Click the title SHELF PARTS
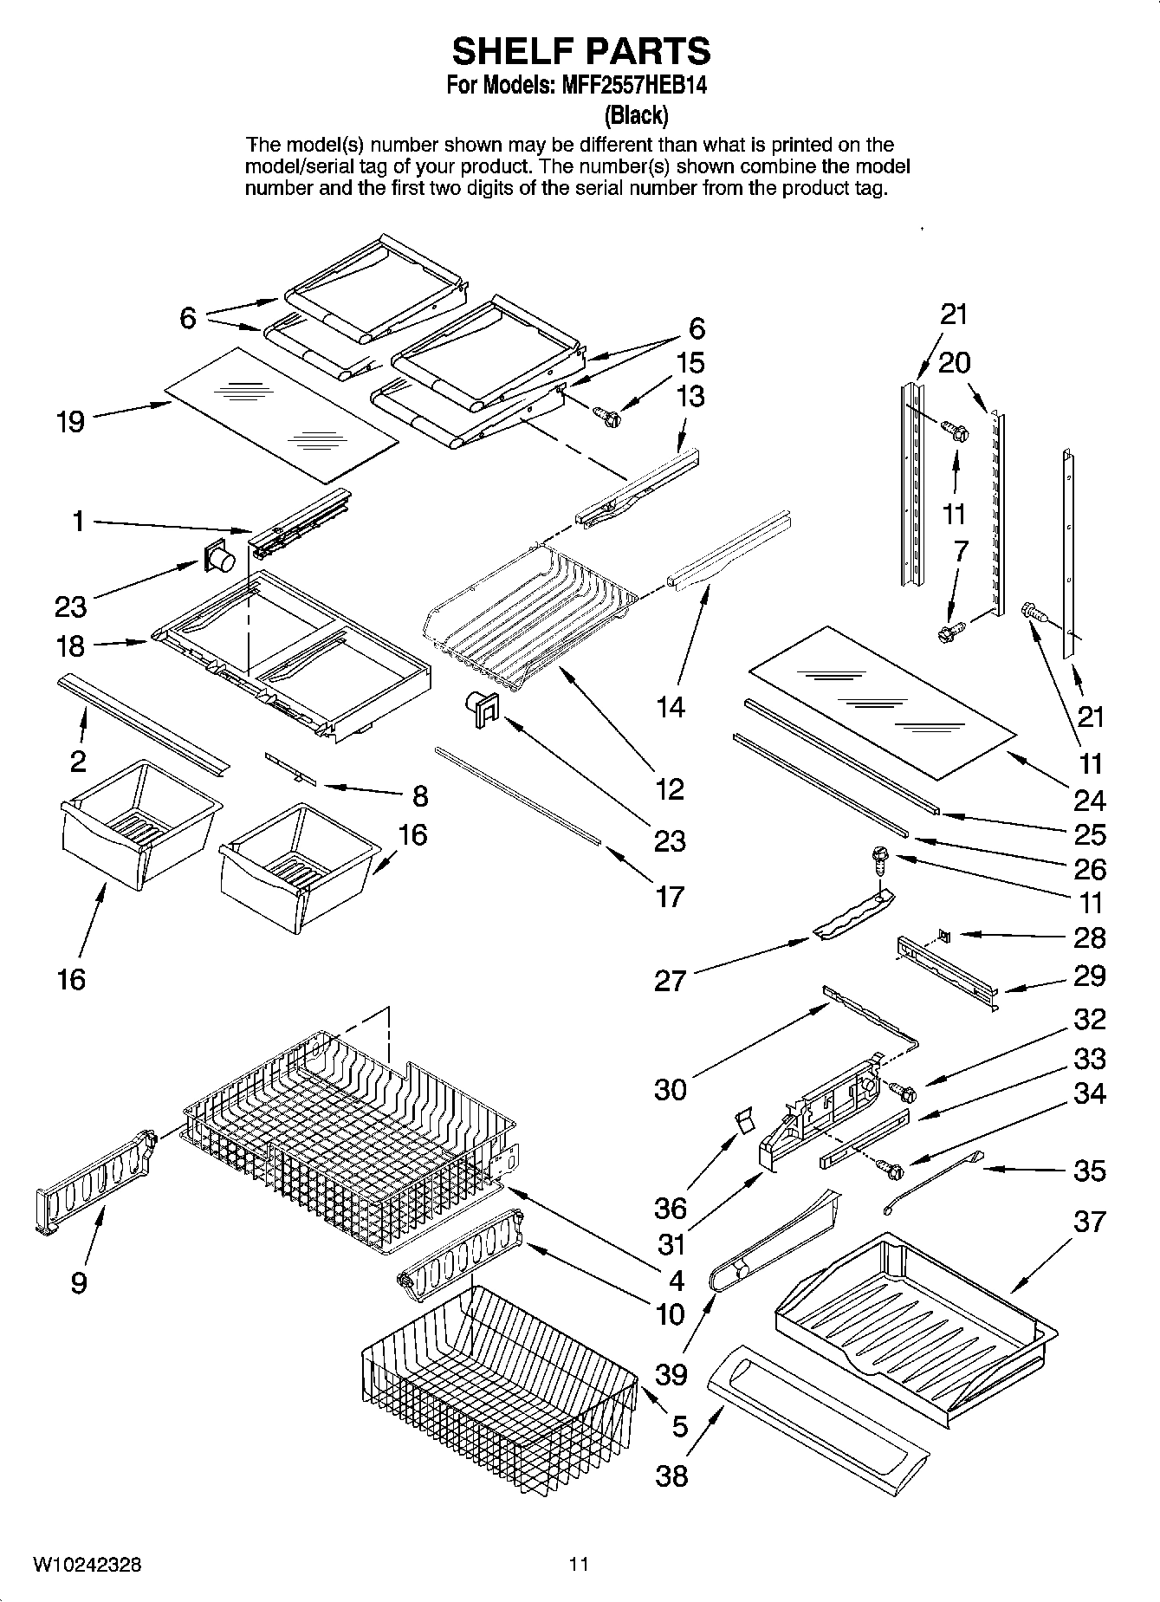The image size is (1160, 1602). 580,51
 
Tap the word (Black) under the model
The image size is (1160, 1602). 636,114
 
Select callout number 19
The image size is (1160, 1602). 71,422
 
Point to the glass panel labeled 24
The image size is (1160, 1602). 880,699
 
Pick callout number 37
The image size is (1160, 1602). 1089,1222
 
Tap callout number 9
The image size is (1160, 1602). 79,1281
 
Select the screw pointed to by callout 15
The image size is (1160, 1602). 608,418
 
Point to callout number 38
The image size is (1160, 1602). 671,1474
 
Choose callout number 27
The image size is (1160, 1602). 670,981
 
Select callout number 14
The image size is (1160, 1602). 670,708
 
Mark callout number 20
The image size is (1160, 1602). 954,362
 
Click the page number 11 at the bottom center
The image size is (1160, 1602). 579,1564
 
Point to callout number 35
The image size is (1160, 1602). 1089,1171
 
